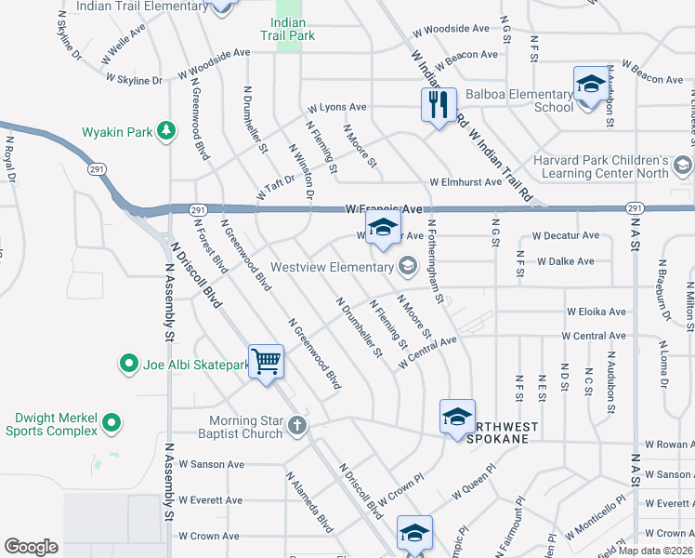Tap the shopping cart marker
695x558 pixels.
click(267, 360)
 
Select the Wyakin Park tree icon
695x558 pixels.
click(166, 131)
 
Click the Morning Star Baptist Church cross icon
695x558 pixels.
click(296, 426)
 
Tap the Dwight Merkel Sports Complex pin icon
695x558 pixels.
click(111, 424)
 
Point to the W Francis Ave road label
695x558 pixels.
click(384, 210)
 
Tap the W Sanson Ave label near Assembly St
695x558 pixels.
click(211, 464)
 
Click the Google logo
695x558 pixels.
click(31, 547)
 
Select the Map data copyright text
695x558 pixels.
click(656, 551)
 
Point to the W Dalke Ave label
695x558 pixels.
click(565, 261)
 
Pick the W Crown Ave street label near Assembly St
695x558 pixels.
click(209, 537)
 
